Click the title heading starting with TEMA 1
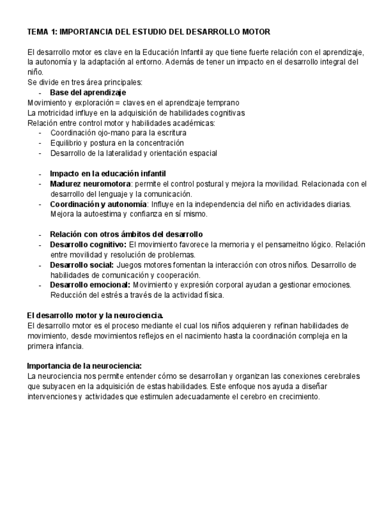(x=149, y=31)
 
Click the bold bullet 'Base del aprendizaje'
(x=88, y=92)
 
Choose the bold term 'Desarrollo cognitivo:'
(x=88, y=245)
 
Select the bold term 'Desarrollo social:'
(x=82, y=265)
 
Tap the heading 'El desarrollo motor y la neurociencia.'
(x=96, y=315)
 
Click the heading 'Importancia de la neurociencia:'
(x=84, y=366)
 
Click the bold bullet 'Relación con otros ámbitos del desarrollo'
(x=126, y=235)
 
